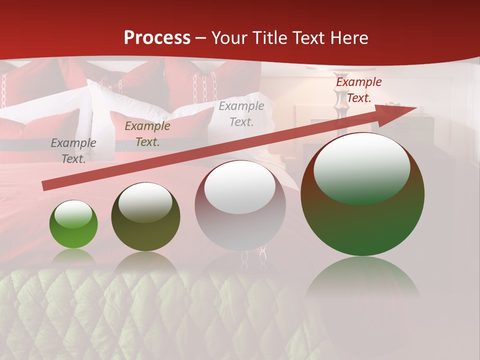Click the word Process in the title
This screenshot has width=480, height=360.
tap(157, 38)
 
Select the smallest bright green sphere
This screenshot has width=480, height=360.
tap(73, 224)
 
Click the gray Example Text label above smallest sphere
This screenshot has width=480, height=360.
tap(73, 151)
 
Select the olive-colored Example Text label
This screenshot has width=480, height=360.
tap(147, 134)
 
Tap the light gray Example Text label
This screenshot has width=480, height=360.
tap(241, 114)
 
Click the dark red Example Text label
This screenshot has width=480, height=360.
tap(358, 90)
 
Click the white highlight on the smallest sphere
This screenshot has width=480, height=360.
tap(73, 214)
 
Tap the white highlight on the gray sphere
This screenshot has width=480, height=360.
tap(240, 187)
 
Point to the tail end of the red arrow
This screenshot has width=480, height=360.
tap(44, 186)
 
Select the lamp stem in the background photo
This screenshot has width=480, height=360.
tap(341, 112)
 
